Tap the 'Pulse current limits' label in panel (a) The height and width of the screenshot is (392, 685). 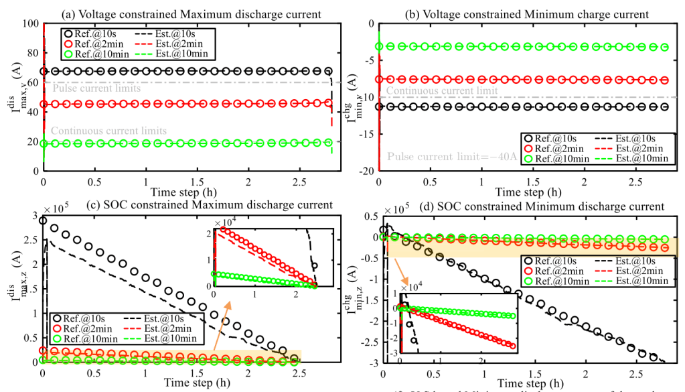96,88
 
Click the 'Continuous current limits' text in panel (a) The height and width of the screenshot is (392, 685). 108,131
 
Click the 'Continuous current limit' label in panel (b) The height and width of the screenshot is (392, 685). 442,91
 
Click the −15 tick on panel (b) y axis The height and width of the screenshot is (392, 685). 366,135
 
